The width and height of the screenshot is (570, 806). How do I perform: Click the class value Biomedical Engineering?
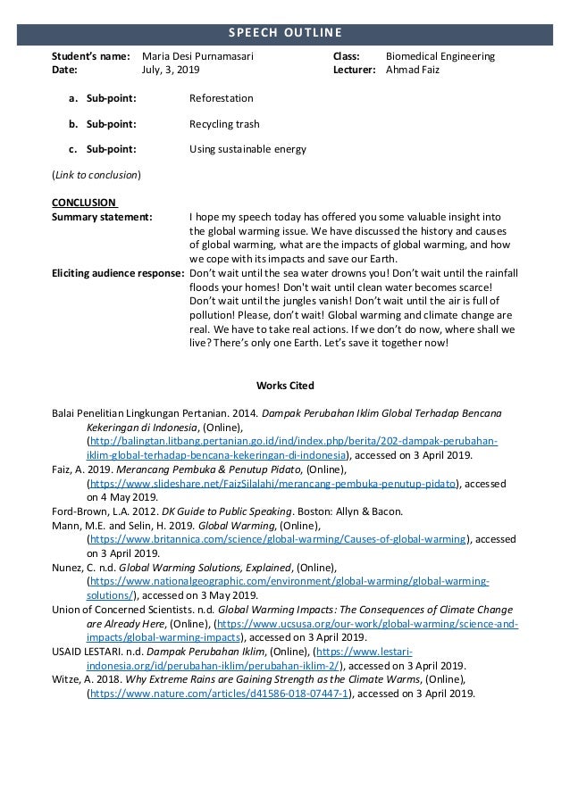click(x=440, y=56)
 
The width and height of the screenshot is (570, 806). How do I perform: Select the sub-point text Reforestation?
click(x=222, y=98)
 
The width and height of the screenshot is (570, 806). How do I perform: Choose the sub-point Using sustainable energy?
click(x=248, y=149)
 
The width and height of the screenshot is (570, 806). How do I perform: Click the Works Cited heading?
click(x=284, y=385)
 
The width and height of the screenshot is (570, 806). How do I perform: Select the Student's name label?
click(x=90, y=56)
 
